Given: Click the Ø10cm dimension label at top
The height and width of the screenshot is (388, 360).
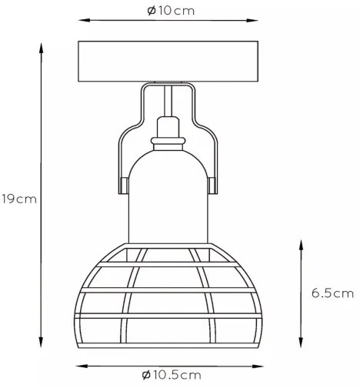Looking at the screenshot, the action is [171, 11].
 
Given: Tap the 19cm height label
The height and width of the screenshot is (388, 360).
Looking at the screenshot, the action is [19, 199].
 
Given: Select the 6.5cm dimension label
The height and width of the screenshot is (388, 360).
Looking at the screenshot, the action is [332, 293].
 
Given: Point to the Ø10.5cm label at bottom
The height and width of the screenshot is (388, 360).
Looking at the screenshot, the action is [172, 375].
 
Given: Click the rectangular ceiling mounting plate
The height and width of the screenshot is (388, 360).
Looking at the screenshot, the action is [168, 62].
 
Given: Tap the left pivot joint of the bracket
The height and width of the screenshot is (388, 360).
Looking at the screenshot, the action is [124, 186].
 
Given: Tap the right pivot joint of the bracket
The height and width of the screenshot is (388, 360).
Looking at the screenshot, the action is [212, 186].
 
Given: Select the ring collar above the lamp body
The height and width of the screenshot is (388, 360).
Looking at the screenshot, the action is [168, 140].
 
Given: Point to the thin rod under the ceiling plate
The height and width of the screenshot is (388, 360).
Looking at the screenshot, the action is [168, 101].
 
